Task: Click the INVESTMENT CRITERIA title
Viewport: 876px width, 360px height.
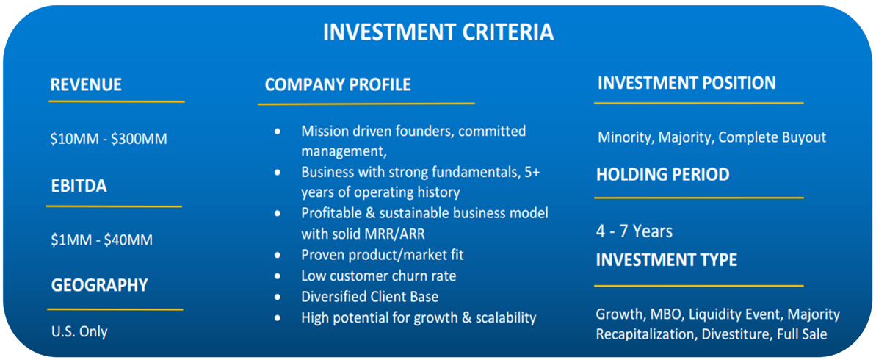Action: [438, 32]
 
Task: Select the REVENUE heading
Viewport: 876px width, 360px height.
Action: [86, 84]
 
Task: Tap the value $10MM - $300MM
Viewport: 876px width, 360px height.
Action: [109, 139]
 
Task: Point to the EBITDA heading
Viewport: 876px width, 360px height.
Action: [79, 187]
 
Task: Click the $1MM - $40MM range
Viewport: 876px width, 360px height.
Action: [101, 240]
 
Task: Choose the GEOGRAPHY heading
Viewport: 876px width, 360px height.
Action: [99, 285]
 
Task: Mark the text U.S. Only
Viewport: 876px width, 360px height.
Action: [79, 331]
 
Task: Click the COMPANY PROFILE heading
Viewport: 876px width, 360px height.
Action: [338, 84]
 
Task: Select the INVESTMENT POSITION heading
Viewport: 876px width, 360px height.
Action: [687, 83]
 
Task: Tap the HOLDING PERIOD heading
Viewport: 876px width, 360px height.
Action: [662, 174]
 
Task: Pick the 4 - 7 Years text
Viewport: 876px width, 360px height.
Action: [634, 231]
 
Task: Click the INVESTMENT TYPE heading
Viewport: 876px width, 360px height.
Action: [667, 260]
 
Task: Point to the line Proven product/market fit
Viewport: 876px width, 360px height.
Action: [383, 255]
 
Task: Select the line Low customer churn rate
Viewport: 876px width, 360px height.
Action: [379, 276]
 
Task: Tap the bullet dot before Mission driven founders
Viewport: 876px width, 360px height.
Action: [278, 132]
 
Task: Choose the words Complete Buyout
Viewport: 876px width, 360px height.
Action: [772, 137]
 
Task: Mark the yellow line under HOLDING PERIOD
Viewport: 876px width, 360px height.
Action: [698, 198]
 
